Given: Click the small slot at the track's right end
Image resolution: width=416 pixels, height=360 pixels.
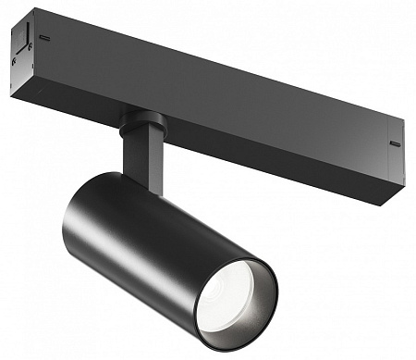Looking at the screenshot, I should [395, 144].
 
